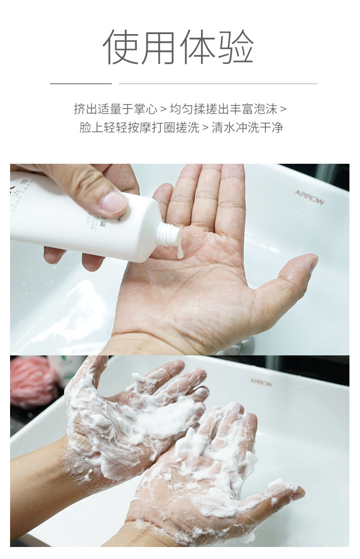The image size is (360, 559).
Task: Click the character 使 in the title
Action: click(x=122, y=47)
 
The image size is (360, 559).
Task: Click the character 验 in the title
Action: click(x=236, y=47)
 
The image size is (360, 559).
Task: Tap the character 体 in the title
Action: click(x=198, y=47)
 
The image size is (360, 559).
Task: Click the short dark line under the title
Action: click(x=81, y=84)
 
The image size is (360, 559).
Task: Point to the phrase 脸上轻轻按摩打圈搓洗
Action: click(x=139, y=128)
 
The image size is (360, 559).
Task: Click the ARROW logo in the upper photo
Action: click(x=309, y=197)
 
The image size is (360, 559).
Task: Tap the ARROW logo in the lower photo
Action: click(x=261, y=382)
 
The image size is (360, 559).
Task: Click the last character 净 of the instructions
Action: click(x=277, y=128)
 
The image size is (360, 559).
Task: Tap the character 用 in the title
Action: click(x=160, y=47)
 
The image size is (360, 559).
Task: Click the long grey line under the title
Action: click(x=218, y=84)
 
